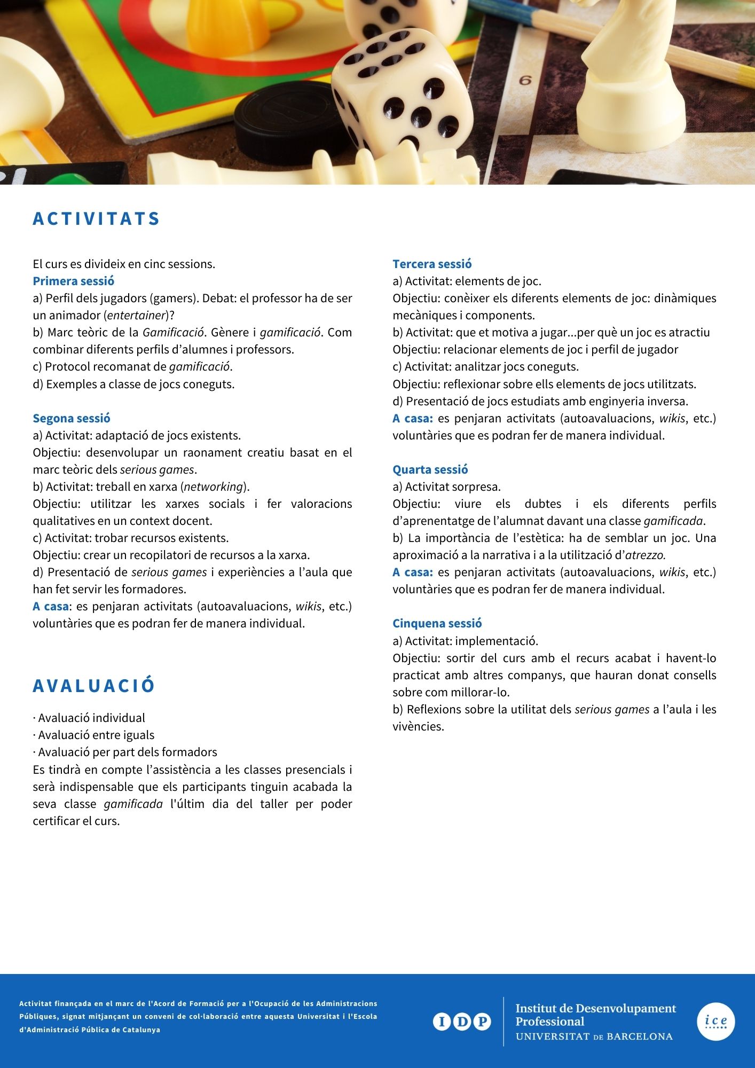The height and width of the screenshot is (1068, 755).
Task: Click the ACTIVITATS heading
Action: [96, 219]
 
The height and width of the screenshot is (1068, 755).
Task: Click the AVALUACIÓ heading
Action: [94, 686]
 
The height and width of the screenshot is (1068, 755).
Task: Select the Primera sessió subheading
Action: [74, 281]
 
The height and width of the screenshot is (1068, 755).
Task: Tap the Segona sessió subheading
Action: [72, 419]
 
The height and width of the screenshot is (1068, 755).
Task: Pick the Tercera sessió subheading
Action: [432, 264]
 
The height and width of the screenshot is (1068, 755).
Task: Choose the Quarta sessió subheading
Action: [430, 470]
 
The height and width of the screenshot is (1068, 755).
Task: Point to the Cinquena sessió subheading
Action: [437, 624]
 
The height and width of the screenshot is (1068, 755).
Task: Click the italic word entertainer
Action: [136, 316]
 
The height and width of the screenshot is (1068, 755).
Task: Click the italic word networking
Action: [213, 487]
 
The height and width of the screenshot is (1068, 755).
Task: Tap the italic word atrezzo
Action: [645, 555]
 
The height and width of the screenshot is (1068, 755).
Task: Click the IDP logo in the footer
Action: [462, 1022]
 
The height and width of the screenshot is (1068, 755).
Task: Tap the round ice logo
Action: [715, 1022]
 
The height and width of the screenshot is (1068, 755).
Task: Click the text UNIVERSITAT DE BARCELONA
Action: [594, 1036]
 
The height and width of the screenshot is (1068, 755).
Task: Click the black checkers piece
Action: [283, 117]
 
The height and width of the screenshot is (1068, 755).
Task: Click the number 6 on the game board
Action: [525, 81]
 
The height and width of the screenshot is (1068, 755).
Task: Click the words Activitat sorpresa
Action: [453, 487]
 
